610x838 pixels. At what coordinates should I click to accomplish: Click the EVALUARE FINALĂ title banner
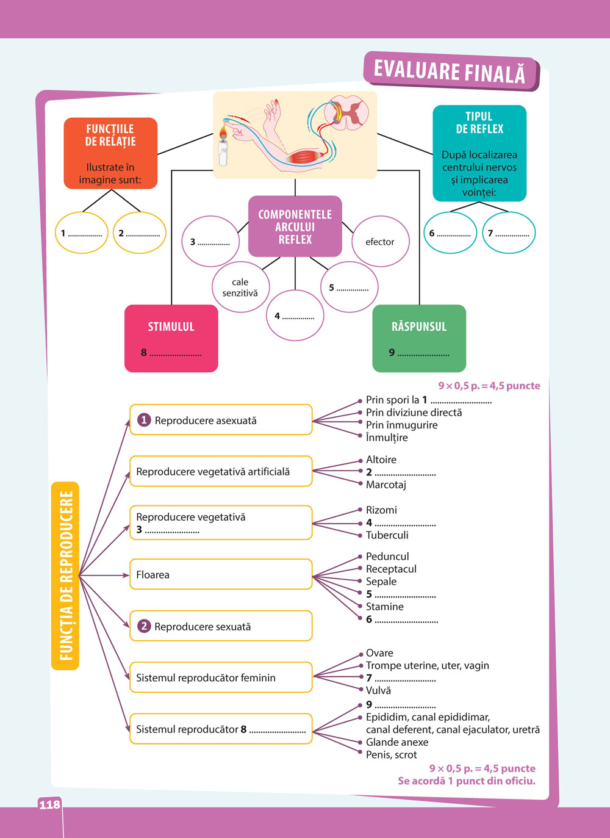450,71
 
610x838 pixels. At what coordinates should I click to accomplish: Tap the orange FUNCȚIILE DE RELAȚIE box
110,153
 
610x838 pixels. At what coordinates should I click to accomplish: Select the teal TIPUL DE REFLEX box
479,153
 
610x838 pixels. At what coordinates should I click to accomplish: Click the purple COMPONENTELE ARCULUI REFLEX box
295,226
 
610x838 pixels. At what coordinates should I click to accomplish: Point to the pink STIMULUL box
171,338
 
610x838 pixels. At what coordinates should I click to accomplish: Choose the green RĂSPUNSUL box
419,338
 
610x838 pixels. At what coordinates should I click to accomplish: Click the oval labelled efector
380,242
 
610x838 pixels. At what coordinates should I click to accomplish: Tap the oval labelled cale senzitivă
240,287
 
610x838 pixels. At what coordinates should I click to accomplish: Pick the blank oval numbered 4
295,316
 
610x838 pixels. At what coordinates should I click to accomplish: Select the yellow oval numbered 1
81,233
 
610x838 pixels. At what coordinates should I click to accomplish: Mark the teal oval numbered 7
509,233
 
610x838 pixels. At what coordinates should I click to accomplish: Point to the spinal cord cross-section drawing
347,112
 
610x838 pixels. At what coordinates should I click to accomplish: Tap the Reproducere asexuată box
221,420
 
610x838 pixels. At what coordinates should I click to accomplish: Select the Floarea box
221,574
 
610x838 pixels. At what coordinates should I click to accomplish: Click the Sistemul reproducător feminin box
221,677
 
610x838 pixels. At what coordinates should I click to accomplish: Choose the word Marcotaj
386,485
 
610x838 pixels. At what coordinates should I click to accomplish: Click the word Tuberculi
387,535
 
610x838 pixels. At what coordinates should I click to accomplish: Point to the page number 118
49,804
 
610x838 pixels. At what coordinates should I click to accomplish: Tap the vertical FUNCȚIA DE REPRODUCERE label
66,576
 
